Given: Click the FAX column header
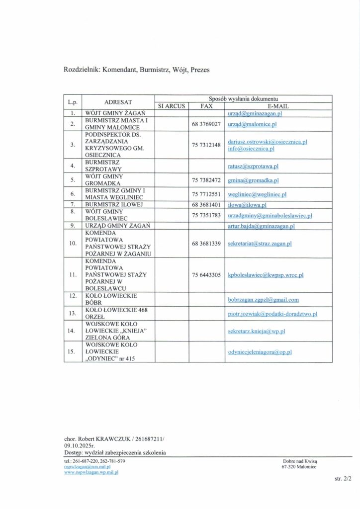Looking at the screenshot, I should tap(205, 106).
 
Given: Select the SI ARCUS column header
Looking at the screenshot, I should tap(172, 106).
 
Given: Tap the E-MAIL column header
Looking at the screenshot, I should tap(278, 106).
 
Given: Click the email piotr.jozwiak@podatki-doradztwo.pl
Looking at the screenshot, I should tap(272, 314).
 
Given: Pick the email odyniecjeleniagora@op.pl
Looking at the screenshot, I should tap(259, 351).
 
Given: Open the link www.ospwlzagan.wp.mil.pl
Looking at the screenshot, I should tap(91, 472).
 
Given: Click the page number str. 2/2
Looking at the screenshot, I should tap(343, 479).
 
